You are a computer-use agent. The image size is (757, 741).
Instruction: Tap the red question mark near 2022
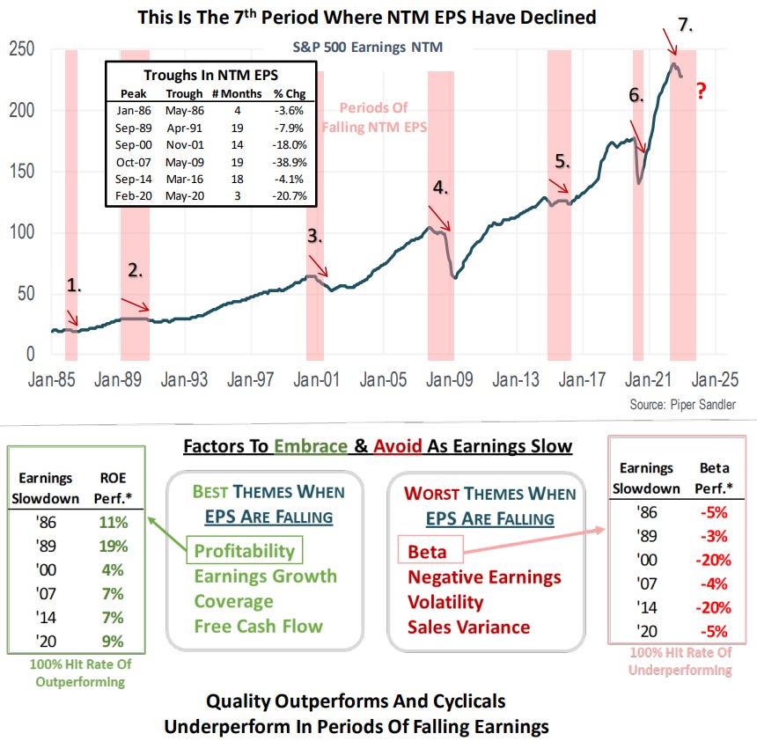702,90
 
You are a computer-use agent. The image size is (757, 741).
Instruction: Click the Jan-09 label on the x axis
450,380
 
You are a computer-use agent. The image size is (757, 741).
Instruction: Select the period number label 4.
440,187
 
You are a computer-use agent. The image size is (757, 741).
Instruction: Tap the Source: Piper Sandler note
682,405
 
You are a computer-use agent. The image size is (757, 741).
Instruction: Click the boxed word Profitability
244,551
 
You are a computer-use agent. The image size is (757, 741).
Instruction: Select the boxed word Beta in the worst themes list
427,552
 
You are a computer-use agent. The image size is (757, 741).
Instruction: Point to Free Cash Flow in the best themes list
258,627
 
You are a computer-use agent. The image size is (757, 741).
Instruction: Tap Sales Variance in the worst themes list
468,627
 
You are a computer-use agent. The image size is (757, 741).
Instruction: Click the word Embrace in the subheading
312,446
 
